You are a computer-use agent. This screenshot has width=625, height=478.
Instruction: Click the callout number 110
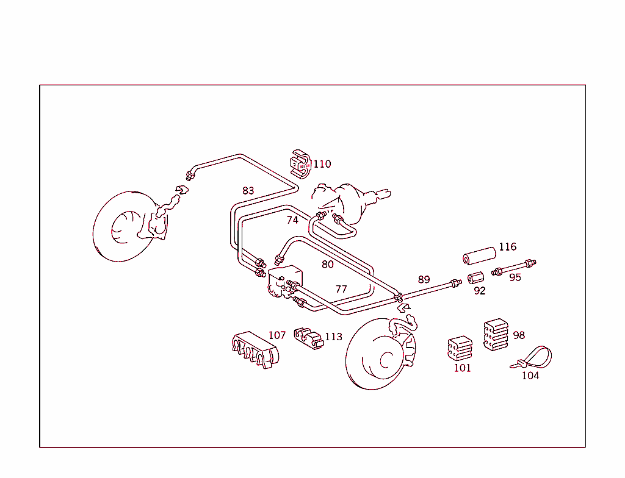pos(322,164)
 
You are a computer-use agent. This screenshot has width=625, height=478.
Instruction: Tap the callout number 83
pos(248,191)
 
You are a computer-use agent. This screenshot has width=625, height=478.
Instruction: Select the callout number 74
pos(292,220)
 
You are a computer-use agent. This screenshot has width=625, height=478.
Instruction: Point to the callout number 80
pos(328,265)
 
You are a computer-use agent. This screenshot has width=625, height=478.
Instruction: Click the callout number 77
pos(341,289)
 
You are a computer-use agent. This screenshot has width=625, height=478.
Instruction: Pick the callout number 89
pos(424,280)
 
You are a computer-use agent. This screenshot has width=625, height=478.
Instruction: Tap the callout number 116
pos(507,247)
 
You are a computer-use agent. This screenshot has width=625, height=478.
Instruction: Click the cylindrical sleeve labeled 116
pos(478,256)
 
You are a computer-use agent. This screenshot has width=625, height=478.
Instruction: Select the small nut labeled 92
pos(475,279)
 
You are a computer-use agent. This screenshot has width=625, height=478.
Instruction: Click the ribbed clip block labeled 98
pos(495,335)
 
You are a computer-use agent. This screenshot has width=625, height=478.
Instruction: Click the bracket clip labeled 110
pos(300,163)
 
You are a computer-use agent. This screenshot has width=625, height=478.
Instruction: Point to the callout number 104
pos(530,376)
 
